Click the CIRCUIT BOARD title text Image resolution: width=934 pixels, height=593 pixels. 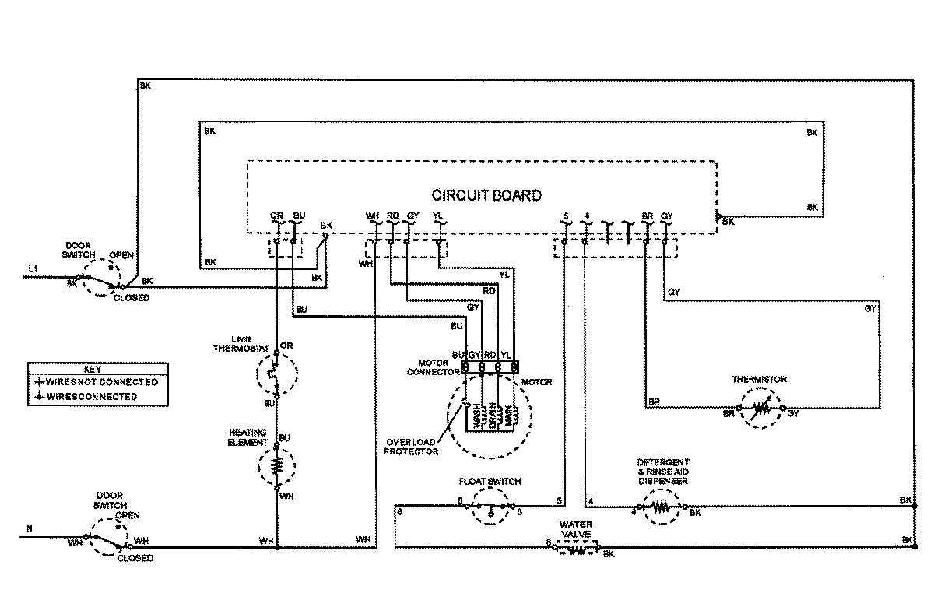[x=486, y=195]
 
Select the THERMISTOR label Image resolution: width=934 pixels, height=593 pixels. [x=759, y=379]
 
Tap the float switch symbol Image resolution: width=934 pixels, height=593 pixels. [x=490, y=507]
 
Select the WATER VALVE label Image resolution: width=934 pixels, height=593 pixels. [x=575, y=530]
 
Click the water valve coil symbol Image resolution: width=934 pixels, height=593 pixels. [x=575, y=549]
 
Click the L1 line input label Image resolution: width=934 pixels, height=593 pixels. [x=32, y=269]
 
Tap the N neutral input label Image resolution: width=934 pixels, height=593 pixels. [x=30, y=529]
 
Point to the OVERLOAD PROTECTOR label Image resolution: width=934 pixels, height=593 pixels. [x=411, y=446]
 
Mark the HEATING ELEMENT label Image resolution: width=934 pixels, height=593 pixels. [x=248, y=437]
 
